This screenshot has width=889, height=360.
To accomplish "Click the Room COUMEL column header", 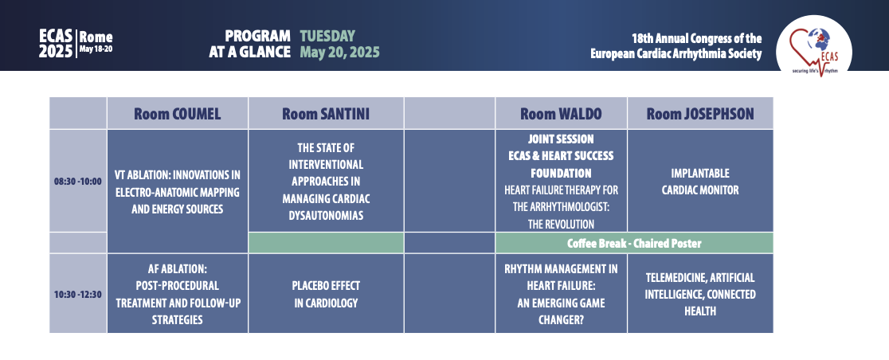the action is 178,113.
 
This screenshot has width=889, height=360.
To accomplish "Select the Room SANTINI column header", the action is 326,113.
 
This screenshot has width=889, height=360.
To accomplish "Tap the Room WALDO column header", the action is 562,113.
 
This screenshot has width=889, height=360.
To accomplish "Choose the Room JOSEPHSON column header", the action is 700,113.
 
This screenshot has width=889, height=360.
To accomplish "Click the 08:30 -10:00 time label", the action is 78,182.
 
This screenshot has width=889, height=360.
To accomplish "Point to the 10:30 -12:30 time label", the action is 78,294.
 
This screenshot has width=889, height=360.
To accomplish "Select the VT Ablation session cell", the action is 178,192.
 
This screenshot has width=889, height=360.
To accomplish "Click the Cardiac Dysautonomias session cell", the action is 326,181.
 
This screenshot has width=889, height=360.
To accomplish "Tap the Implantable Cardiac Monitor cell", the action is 700,181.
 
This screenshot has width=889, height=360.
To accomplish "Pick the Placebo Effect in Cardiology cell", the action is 326,294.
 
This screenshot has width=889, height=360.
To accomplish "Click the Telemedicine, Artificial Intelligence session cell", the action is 700,294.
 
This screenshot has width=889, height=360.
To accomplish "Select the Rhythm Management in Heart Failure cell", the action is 562,294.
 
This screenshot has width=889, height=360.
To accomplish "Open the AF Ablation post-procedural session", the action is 178,294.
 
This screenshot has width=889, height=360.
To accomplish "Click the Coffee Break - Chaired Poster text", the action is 634,243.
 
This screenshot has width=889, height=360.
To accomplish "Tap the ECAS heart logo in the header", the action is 813,45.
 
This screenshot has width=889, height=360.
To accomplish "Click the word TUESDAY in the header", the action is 327,36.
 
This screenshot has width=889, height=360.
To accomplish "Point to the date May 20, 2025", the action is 339,53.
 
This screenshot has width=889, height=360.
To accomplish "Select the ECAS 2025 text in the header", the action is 56,44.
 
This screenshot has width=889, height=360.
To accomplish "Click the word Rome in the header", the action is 96,37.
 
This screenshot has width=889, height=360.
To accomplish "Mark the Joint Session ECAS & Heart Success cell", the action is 562,181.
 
